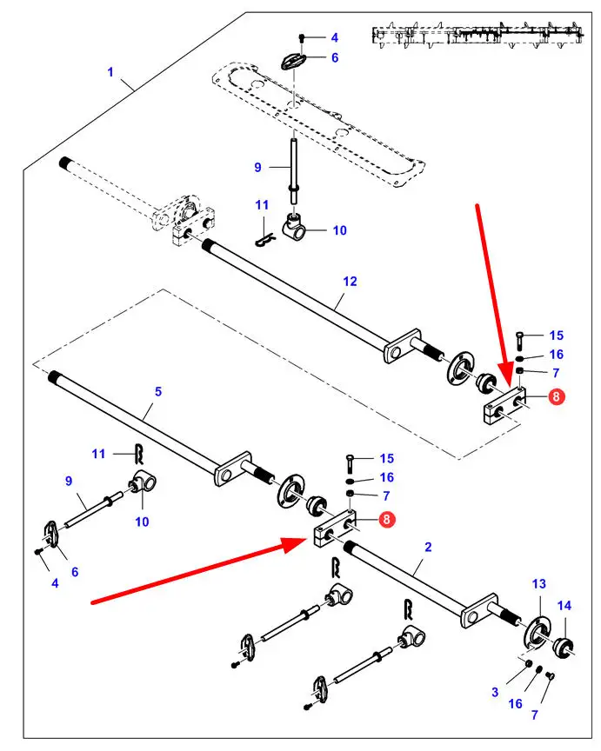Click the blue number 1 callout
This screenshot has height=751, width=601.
pyautogui.click(x=110, y=71)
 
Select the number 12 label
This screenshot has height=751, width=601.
pyautogui.click(x=350, y=282)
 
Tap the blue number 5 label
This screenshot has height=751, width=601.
pyautogui.click(x=158, y=392)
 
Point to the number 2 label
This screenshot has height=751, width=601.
pyautogui.click(x=428, y=547)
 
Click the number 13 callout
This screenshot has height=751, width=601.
pyautogui.click(x=539, y=583)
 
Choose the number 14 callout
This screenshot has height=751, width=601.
pyautogui.click(x=564, y=605)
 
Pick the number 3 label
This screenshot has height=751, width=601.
pyautogui.click(x=495, y=692)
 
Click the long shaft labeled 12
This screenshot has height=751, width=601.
pyautogui.click(x=296, y=296)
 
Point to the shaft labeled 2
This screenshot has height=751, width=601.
pyautogui.click(x=409, y=581)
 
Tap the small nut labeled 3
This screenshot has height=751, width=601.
pyautogui.click(x=528, y=665)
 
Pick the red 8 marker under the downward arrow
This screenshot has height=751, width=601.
pyautogui.click(x=558, y=397)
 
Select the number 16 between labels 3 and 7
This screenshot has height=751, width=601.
pyautogui.click(x=517, y=703)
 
